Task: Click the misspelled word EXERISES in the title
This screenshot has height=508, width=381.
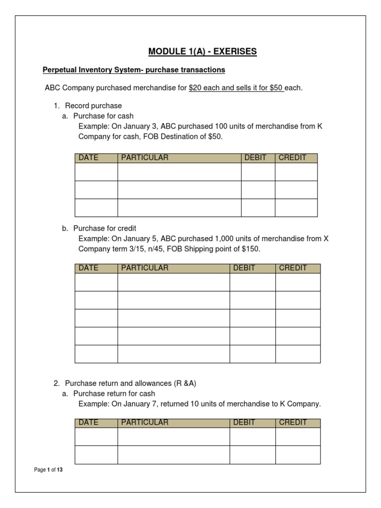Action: coord(233,52)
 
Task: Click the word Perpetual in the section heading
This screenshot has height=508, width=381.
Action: coord(60,70)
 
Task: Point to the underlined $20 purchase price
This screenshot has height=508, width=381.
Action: coord(196,88)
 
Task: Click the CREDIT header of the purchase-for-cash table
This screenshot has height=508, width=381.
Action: coord(292,158)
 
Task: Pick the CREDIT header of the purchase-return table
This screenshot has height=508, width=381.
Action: coord(293,423)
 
